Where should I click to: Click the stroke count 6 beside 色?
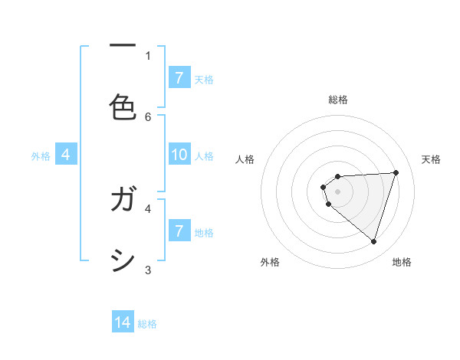[148, 116]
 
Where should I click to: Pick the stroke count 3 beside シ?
[148, 270]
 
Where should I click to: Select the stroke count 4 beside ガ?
[148, 208]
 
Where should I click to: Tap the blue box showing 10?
[179, 155]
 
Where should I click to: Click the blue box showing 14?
[123, 323]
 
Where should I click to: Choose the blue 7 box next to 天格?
[179, 78]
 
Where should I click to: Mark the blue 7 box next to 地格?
[179, 231]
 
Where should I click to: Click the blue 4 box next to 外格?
[66, 155]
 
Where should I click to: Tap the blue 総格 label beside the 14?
[147, 324]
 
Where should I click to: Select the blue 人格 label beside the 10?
[204, 156]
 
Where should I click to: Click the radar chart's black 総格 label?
[338, 100]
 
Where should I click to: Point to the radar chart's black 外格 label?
[270, 262]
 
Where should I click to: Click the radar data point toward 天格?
[396, 172]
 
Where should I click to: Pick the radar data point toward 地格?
[373, 242]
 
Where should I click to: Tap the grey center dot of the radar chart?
[337, 191]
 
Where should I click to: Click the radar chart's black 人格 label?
[245, 159]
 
